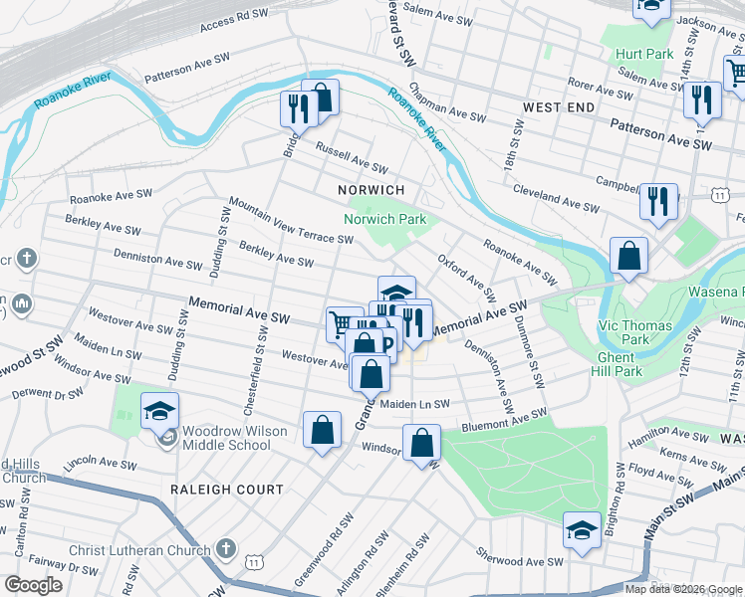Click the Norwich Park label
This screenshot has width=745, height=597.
coord(384,219)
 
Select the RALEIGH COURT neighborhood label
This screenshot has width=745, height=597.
coord(226,490)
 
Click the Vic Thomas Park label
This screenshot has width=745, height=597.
coord(637,332)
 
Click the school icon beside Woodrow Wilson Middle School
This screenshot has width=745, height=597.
coord(159,410)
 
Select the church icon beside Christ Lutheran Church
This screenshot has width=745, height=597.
coord(226,549)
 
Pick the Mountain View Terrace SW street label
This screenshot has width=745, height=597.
coord(290,220)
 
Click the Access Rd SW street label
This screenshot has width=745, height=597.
coord(234,21)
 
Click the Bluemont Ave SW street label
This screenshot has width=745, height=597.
coord(503,419)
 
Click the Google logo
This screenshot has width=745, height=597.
coord(33,585)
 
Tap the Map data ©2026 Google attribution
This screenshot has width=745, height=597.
coord(683,589)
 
